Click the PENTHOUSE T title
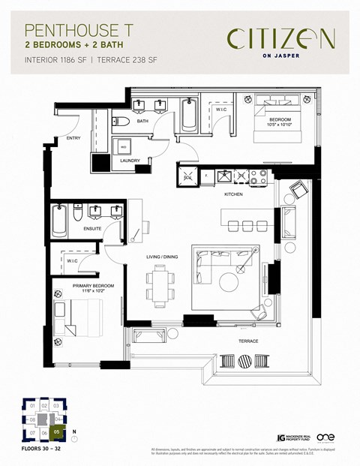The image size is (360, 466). [72, 30]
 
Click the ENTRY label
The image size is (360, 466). [73, 138]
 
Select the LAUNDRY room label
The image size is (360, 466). [130, 161]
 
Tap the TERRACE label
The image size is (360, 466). [247, 341]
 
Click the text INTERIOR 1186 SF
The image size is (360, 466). [56, 59]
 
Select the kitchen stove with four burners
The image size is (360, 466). [259, 178]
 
